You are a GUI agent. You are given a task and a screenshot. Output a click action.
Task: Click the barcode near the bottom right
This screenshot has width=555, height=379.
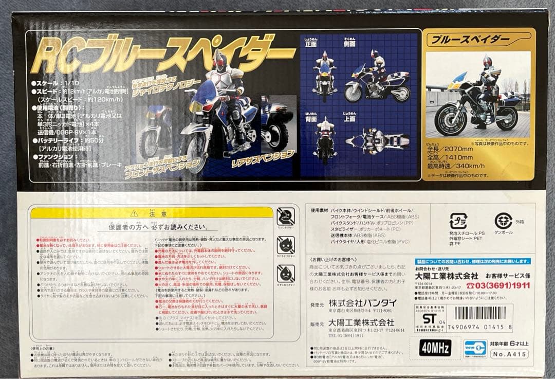pos(480,313)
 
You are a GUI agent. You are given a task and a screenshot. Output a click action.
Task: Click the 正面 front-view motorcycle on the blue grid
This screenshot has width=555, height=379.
pos(324,76)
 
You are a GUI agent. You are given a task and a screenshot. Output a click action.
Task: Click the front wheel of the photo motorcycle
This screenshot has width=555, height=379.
pos(451,119)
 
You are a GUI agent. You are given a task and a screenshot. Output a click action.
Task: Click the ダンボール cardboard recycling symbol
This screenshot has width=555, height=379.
pos(503,221)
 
